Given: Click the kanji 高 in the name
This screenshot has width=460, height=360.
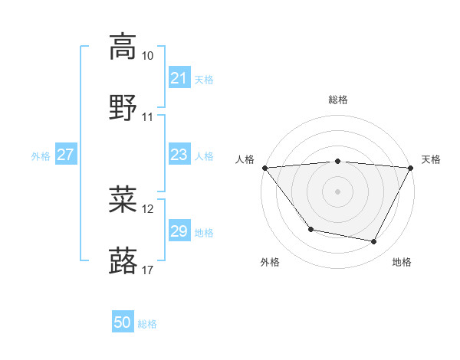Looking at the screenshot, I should [122, 47].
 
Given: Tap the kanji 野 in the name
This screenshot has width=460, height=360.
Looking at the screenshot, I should [122, 109].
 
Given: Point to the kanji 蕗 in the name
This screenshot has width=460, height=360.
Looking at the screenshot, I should [122, 261].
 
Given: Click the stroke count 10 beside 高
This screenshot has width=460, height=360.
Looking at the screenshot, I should [148, 56].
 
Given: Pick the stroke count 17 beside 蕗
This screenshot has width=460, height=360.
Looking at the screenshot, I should [148, 270].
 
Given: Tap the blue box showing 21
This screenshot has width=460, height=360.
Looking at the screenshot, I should [179, 78].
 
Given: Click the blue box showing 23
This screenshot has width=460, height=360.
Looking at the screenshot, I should [179, 155].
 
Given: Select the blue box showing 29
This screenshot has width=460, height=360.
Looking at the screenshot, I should [179, 231].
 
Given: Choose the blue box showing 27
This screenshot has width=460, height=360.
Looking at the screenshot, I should [65, 155].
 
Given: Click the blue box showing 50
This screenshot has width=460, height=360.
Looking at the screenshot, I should [123, 322].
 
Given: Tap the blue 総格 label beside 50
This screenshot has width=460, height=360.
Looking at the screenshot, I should [148, 324].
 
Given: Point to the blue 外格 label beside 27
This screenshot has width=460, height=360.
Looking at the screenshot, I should [41, 155].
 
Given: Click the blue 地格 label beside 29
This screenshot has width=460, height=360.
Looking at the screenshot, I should [204, 232].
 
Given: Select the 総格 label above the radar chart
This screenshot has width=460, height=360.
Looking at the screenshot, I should [337, 100].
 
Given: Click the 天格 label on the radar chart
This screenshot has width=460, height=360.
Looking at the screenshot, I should [431, 159].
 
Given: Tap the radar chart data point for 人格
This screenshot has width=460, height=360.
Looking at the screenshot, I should [264, 168].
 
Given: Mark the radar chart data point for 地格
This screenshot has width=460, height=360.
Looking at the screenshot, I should [373, 242].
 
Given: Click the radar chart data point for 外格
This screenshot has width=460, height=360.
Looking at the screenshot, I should [310, 229].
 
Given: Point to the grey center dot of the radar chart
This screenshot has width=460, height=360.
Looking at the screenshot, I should [337, 191].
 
